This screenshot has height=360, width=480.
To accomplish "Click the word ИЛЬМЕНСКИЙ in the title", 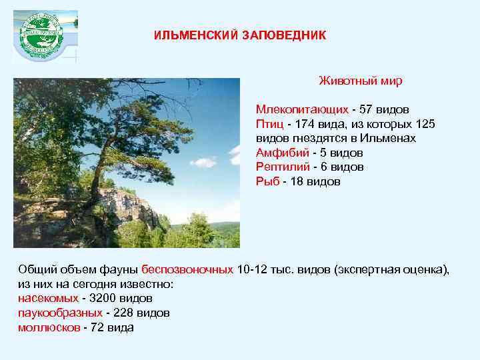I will pyautogui.click(x=188, y=35).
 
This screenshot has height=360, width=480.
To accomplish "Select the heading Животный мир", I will pyautogui.click(x=360, y=81).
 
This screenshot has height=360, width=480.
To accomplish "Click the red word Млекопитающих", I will pyautogui.click(x=302, y=109).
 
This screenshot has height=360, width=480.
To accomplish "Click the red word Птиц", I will pyautogui.click(x=269, y=123).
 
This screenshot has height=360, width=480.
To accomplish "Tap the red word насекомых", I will pyautogui.click(x=48, y=298).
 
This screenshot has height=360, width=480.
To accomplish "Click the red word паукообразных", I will pyautogui.click(x=60, y=313).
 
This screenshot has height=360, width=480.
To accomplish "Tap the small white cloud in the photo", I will pyautogui.click(x=204, y=161).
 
